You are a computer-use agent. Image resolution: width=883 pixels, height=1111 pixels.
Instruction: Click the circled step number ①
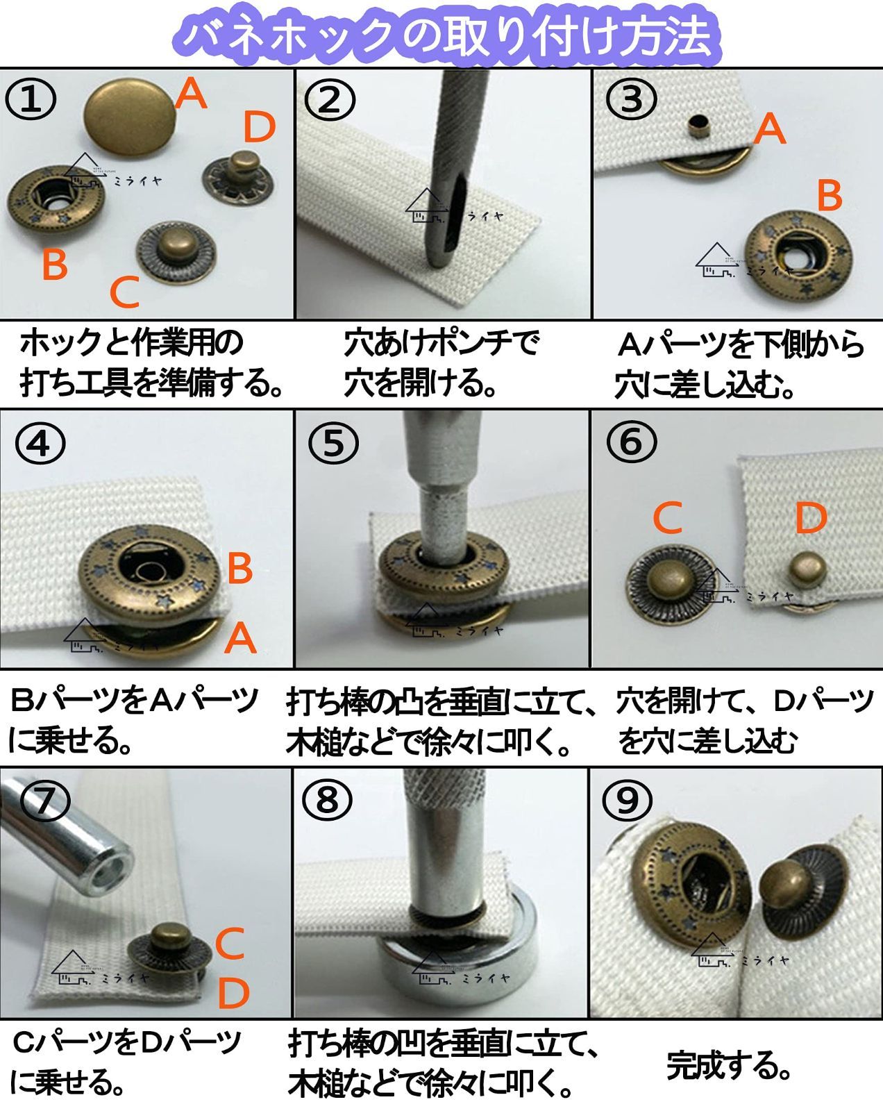pyautogui.click(x=31, y=99)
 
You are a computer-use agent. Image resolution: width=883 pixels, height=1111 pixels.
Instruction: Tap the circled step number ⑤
pyautogui.click(x=333, y=443)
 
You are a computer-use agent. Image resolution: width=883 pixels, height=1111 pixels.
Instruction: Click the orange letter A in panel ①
pyautogui.click(x=190, y=94)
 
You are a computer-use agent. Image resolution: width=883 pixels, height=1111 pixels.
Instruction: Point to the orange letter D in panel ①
pyautogui.click(x=259, y=128)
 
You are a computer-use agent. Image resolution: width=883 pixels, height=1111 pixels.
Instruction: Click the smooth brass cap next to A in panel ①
pyautogui.click(x=128, y=117)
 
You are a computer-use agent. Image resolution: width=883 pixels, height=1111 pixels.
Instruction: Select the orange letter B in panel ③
pyautogui.click(x=830, y=196)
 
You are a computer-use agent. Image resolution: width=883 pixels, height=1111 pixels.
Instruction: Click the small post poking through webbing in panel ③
pyautogui.click(x=696, y=127)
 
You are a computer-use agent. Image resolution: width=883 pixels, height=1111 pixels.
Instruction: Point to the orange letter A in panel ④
pyautogui.click(x=240, y=639)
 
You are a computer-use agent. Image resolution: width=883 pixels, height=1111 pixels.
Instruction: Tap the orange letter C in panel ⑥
pyautogui.click(x=668, y=519)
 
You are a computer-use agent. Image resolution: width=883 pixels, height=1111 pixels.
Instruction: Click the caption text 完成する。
pyautogui.click(x=729, y=1065)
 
